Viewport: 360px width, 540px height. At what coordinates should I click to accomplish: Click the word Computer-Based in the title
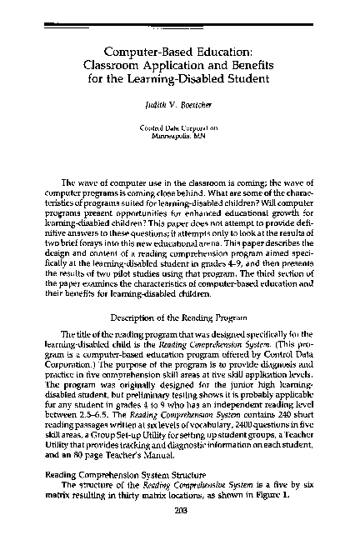pyautogui.click(x=138, y=52)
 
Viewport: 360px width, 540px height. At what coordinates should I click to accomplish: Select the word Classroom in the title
pyautogui.click(x=132, y=67)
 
